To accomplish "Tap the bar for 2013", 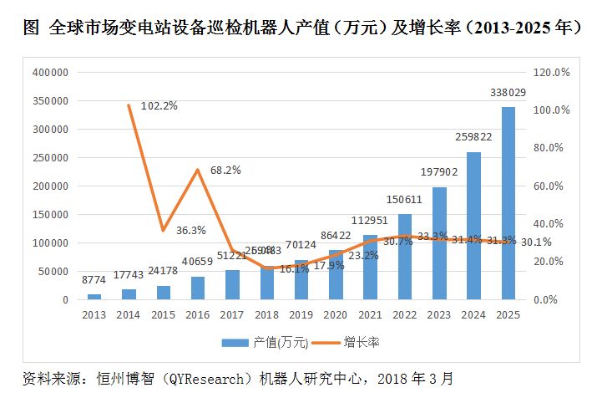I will click(94, 296).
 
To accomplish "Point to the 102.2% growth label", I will click(159, 106).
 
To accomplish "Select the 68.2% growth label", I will click(225, 170).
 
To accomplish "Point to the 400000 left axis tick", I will click(49, 73).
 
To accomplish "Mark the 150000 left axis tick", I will click(49, 215).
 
